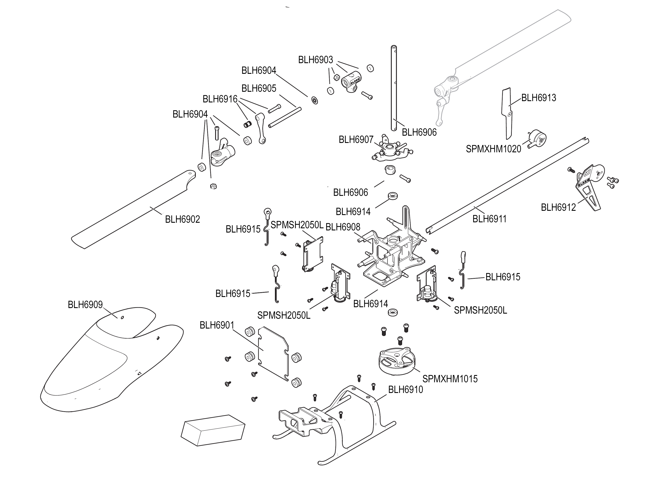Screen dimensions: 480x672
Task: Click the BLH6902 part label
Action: [x=182, y=219]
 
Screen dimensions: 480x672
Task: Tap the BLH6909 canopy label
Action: [x=85, y=305]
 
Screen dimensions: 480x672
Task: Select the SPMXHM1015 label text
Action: [x=450, y=379]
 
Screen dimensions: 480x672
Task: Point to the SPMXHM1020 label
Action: [x=493, y=149]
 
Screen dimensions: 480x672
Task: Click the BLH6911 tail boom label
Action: [x=489, y=219]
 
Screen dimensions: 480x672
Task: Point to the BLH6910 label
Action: [x=406, y=390]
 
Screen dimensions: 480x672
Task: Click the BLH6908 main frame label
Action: [x=343, y=227]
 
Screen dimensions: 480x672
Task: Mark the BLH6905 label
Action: [x=259, y=88]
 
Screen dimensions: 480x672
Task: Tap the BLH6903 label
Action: [x=315, y=60]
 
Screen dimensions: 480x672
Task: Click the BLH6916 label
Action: [x=220, y=99]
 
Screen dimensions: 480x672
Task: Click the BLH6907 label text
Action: [x=356, y=140]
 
